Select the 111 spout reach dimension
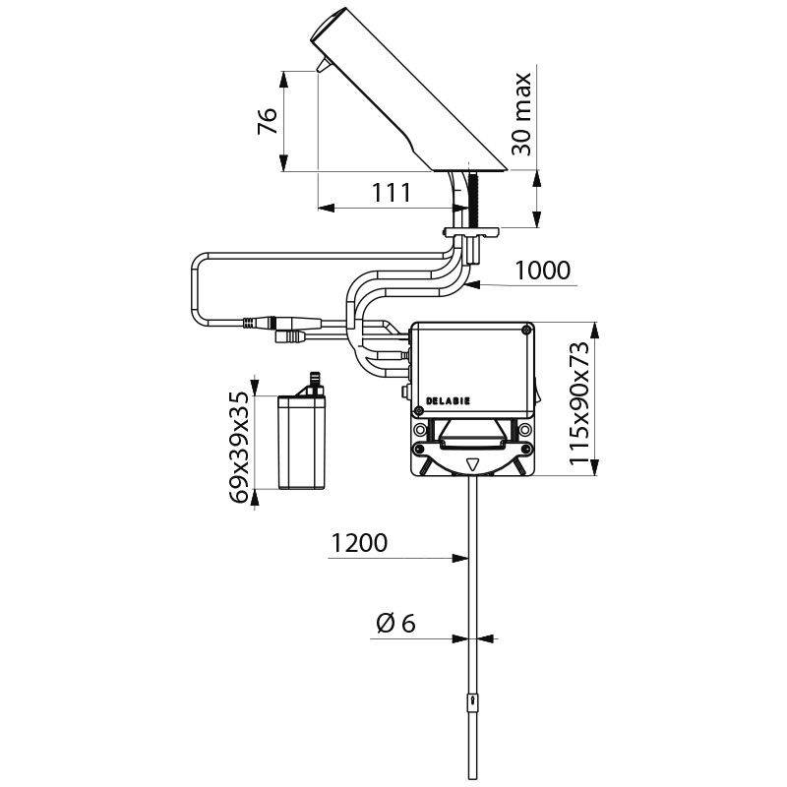pyautogui.click(x=391, y=193)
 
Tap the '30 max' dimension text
pyautogui.click(x=522, y=113)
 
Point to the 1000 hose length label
pyautogui.click(x=542, y=271)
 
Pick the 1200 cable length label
pyautogui.click(x=359, y=542)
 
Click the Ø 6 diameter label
pyautogui.click(x=396, y=623)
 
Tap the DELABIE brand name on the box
pyautogui.click(x=448, y=401)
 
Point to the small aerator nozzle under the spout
pyautogui.click(x=321, y=65)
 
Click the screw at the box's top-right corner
pyautogui.click(x=529, y=331)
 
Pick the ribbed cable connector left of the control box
pyautogui.click(x=264, y=322)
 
